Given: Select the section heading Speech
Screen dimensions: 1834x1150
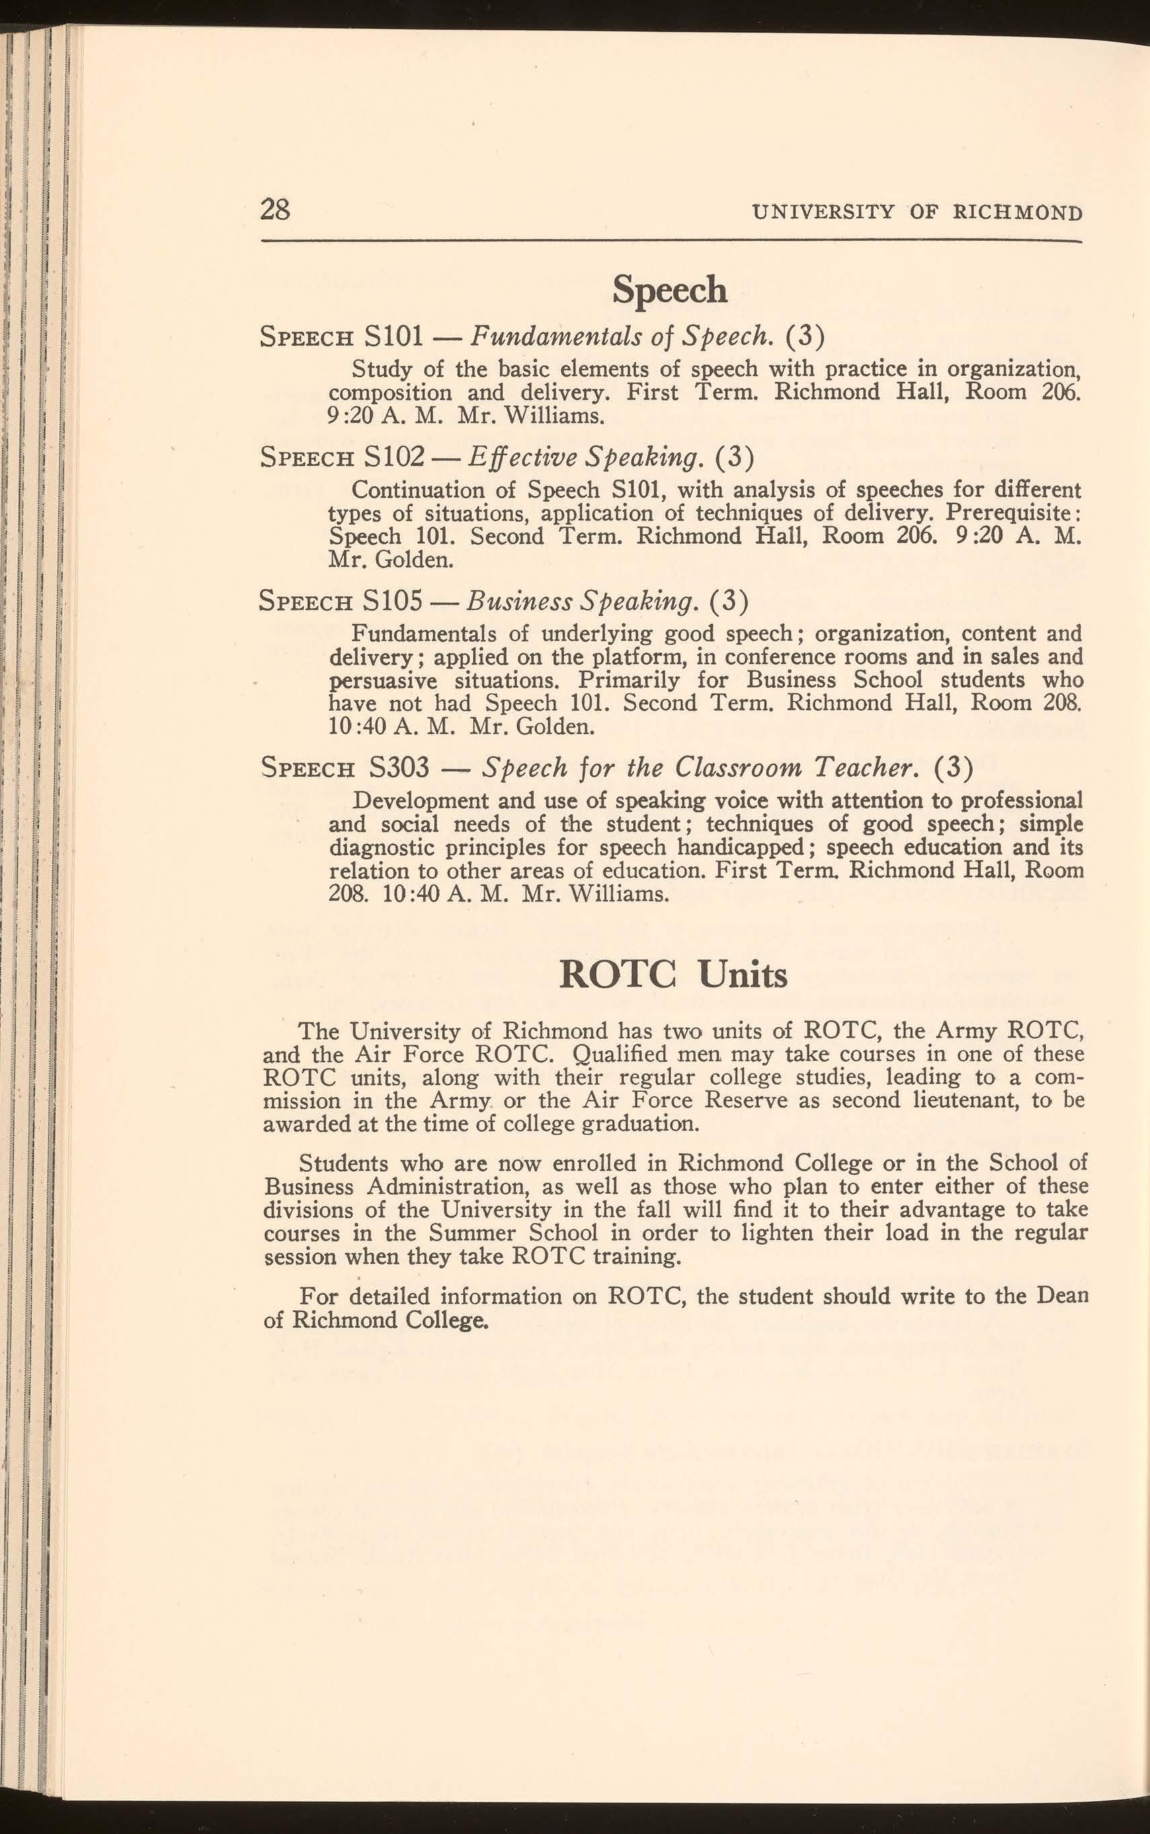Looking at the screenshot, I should pos(669,289).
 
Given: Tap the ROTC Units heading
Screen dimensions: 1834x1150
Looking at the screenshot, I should pos(672,973).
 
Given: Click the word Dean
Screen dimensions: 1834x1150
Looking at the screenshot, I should pos(1062,1295).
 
